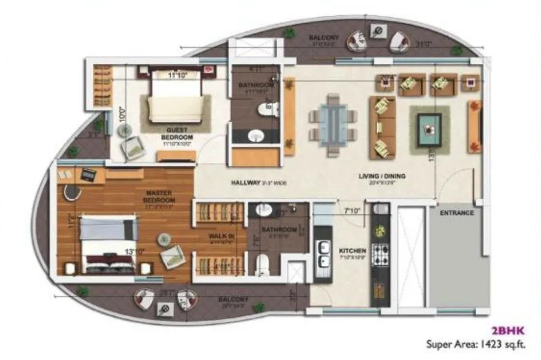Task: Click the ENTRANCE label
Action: click(x=457, y=213)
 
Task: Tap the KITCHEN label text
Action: click(x=352, y=251)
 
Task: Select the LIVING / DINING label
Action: click(x=382, y=177)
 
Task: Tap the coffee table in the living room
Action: click(x=429, y=130)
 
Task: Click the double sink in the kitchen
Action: click(x=323, y=254)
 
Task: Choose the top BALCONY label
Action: click(x=323, y=38)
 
